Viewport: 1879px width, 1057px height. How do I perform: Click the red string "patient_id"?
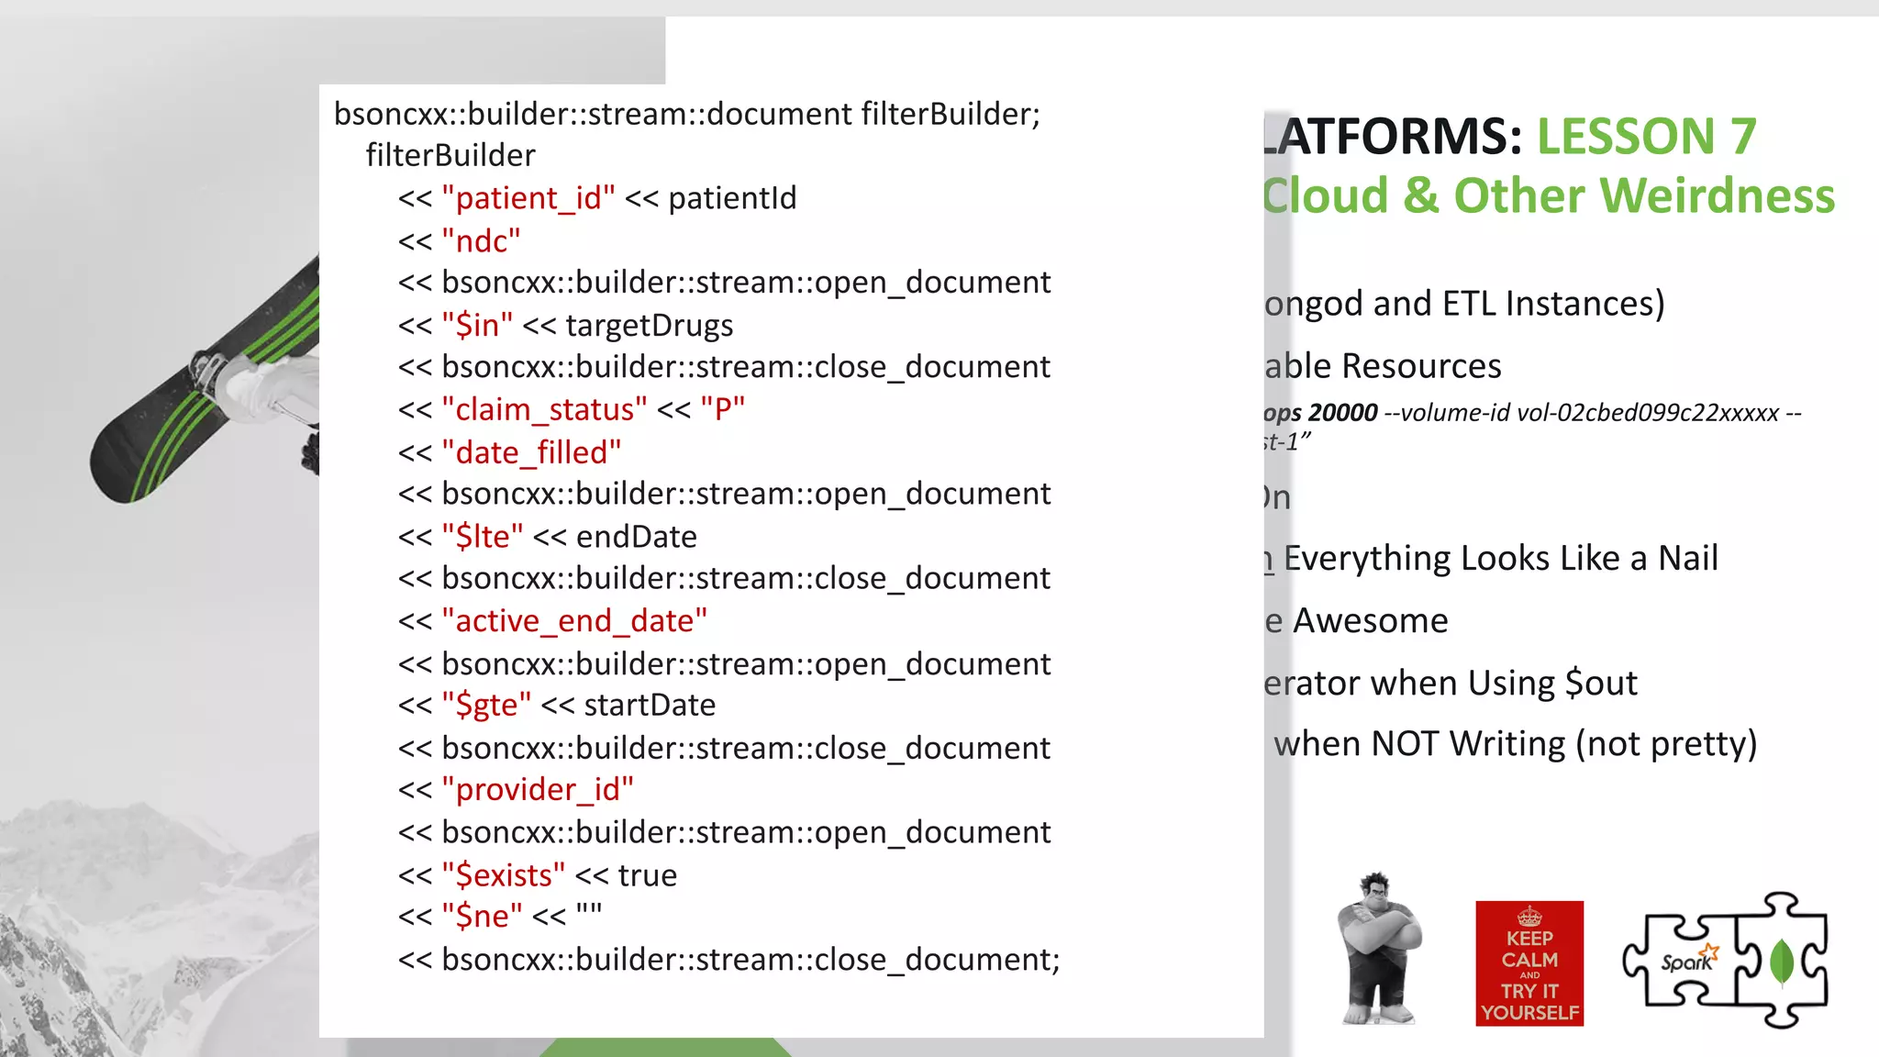(528, 198)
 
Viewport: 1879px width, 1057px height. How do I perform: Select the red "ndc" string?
(481, 241)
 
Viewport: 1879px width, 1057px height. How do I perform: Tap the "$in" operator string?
(477, 326)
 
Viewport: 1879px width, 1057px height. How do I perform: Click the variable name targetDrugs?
(649, 326)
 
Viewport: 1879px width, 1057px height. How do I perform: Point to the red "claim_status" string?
(544, 409)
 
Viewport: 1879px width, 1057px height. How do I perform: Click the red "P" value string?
(722, 409)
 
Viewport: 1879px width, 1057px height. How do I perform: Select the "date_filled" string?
(531, 452)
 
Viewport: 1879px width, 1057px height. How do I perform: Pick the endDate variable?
(637, 537)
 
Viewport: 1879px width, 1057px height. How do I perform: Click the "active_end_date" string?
(574, 621)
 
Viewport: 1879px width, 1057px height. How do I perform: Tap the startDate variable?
(650, 706)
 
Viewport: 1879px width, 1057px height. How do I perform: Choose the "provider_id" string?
(538, 790)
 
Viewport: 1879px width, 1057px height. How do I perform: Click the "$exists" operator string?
(503, 875)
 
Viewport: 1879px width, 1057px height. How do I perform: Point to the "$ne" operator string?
(482, 917)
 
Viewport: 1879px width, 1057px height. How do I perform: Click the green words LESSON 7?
(1647, 137)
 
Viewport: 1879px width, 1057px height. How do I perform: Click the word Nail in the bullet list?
(1688, 559)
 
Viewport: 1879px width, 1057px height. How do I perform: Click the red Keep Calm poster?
(1529, 963)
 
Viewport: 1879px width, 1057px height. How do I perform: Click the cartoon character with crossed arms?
(1379, 950)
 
